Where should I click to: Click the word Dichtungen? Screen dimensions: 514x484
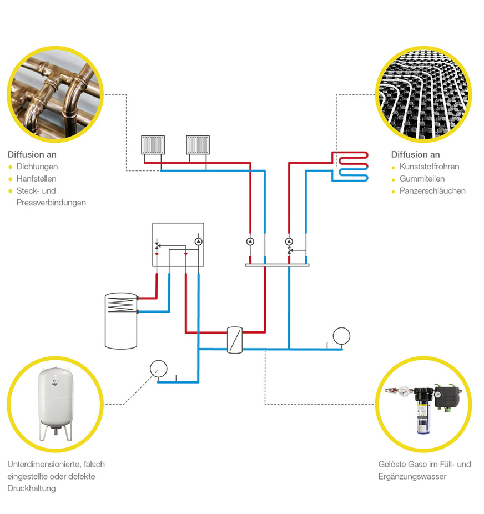[37, 167]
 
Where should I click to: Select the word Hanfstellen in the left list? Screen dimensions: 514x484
[36, 179]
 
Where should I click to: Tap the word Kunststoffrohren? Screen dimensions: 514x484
[429, 167]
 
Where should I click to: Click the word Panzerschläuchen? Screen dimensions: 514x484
[432, 191]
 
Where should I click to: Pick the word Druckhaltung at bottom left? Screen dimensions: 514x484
[32, 488]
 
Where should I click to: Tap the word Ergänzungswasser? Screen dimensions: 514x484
[412, 476]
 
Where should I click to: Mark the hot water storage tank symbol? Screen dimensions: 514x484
[120, 320]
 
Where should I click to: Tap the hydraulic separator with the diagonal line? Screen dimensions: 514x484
[236, 340]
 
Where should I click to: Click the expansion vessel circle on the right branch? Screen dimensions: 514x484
[341, 335]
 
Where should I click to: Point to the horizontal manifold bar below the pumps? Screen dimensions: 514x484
[277, 265]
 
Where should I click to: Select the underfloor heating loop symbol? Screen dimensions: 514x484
[350, 166]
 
